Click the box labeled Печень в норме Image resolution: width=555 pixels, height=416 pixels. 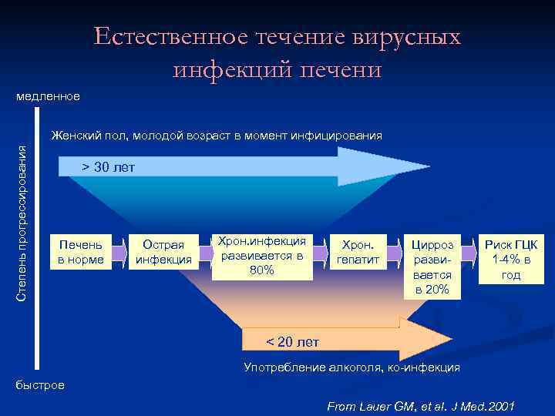81,252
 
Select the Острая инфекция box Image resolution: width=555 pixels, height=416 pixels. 163,252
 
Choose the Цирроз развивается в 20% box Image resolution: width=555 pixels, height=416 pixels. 432,267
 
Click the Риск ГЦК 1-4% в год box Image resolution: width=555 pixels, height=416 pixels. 511,260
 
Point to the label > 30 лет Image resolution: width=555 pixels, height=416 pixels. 108,167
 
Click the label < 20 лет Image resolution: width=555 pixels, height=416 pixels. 292,341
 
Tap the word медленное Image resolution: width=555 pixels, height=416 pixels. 48,97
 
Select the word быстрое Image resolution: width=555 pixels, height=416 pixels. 41,384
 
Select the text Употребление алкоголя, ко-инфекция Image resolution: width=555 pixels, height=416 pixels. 351,367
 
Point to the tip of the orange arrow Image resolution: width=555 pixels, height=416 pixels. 460,339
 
